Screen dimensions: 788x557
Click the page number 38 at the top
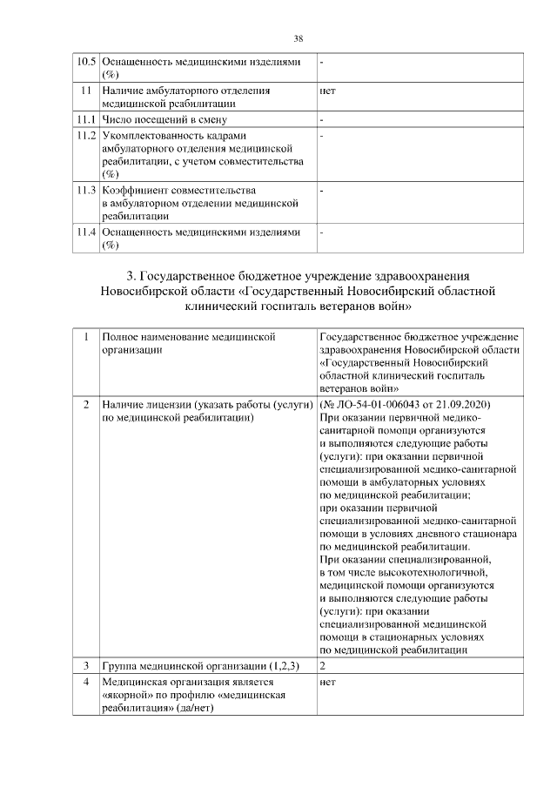pyautogui.click(x=299, y=39)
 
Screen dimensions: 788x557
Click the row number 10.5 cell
pyautogui.click(x=85, y=63)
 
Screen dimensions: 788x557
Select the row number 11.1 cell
pyautogui.click(x=85, y=119)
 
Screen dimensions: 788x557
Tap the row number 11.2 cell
pyautogui.click(x=85, y=136)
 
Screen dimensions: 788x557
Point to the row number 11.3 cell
pyautogui.click(x=85, y=189)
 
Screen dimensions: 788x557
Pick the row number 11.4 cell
pyautogui.click(x=85, y=232)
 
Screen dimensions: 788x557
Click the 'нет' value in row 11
pyautogui.click(x=328, y=90)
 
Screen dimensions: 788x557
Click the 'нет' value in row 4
pyautogui.click(x=328, y=683)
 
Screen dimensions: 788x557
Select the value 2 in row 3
pyautogui.click(x=323, y=666)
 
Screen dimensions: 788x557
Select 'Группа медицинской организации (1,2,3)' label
pyautogui.click(x=200, y=666)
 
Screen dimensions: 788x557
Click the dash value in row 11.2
pyautogui.click(x=322, y=136)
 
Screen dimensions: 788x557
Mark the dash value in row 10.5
pyautogui.click(x=322, y=63)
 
